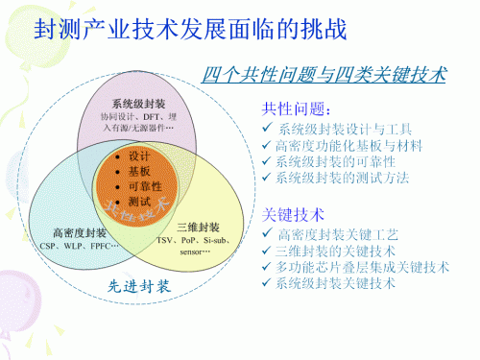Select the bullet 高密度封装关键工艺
341,234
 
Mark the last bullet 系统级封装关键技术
341,283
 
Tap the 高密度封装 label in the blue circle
81,233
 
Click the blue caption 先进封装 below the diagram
137,287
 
